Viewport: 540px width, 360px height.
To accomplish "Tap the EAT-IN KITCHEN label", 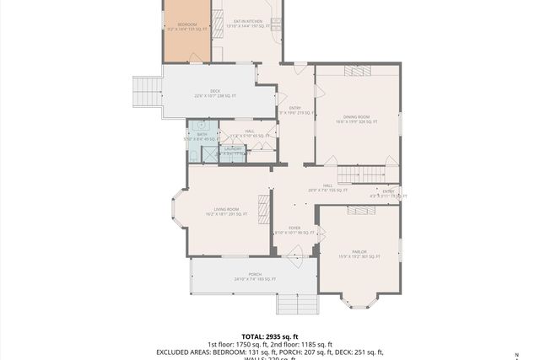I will click(245, 21).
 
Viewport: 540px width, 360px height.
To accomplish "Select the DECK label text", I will click(216, 91).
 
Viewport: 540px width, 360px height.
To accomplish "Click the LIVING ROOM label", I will click(225, 209).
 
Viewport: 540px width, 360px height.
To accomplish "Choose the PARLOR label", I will click(359, 251).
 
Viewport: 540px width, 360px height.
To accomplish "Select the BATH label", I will click(202, 134).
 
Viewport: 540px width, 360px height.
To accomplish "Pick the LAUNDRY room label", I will click(233, 149).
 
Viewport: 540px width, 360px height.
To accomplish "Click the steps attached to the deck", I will click(147, 92).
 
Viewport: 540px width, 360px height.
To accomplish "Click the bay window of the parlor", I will click(359, 299).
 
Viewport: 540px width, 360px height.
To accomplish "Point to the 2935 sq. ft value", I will click(284, 336).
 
